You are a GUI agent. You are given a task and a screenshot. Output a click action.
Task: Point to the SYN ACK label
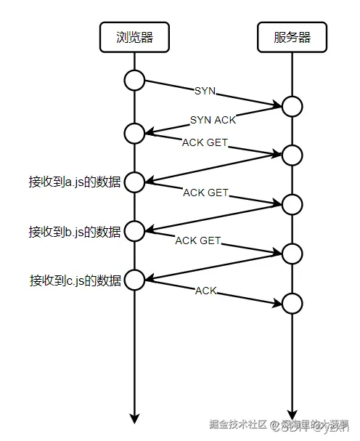pos(213,120)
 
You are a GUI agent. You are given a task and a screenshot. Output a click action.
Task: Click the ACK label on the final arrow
pos(206,291)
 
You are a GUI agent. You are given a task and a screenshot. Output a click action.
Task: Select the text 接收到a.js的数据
pos(75,182)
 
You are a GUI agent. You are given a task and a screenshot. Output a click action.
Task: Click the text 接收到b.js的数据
pos(75,232)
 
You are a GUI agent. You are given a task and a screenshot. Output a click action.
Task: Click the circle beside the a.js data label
pos(135,182)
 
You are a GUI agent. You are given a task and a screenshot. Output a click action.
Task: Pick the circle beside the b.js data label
pos(135,231)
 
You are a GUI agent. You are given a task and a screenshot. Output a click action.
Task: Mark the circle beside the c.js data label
pos(135,279)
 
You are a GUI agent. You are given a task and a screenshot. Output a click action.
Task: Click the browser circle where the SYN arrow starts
pos(135,81)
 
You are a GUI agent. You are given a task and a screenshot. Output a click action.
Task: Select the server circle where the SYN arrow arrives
pos(292,107)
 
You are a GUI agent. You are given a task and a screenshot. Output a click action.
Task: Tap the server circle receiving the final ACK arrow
pos(292,302)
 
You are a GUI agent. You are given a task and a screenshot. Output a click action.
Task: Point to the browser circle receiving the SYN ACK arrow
pos(135,133)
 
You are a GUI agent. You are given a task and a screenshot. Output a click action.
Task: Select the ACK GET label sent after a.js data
pos(205,193)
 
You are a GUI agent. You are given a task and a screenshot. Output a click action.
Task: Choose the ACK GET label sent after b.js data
pos(198,240)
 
